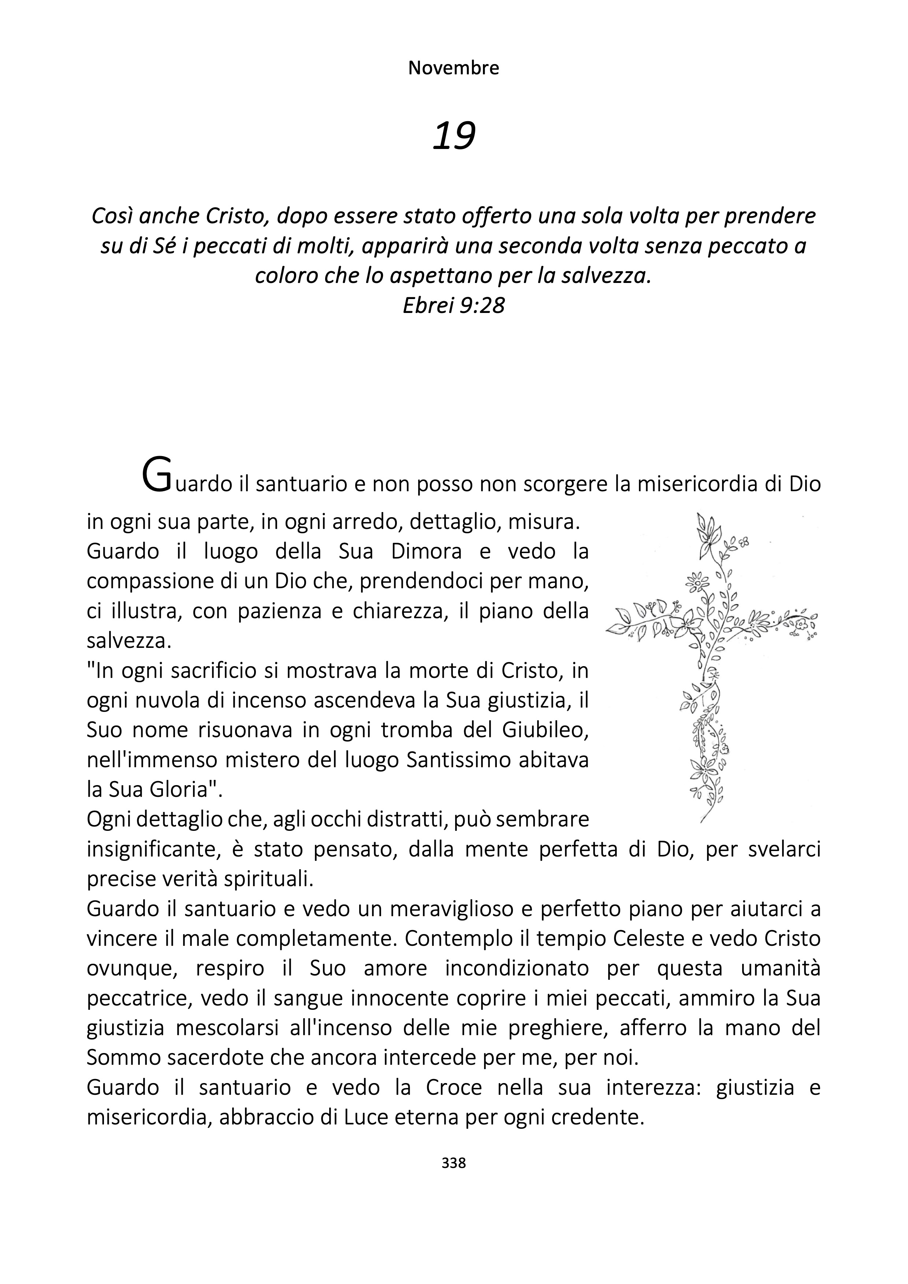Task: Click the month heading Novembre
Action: coord(454,68)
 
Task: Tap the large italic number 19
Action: coord(454,136)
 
